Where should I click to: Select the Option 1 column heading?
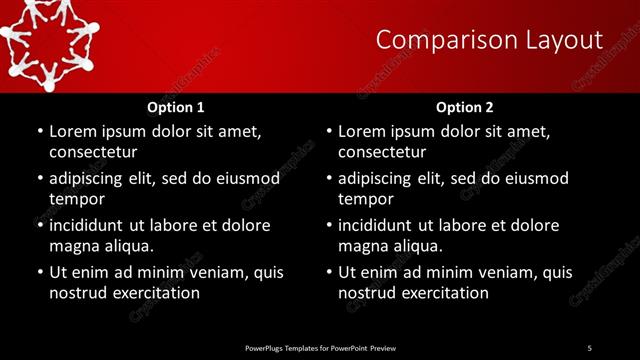(175, 106)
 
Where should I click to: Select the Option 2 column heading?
(465, 106)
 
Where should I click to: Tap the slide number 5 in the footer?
(589, 347)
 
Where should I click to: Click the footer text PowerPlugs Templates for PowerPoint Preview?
(320, 347)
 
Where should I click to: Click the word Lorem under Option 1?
(75, 131)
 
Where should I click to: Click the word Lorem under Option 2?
(365, 131)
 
